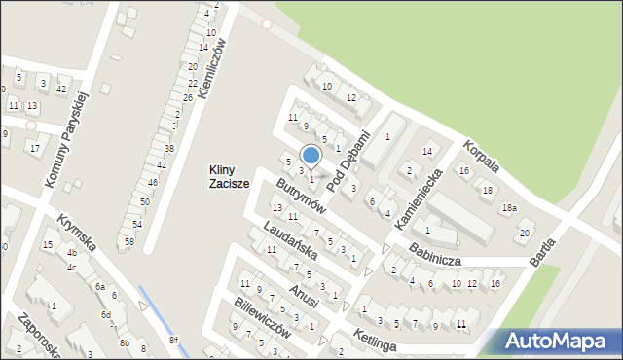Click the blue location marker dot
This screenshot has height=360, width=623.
(311, 155)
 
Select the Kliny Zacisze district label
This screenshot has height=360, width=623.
(229, 176)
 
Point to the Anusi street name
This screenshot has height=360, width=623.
(303, 299)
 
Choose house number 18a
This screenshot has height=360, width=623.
(508, 208)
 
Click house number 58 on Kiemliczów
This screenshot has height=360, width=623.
(128, 240)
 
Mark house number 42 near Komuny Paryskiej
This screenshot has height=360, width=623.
(61, 90)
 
